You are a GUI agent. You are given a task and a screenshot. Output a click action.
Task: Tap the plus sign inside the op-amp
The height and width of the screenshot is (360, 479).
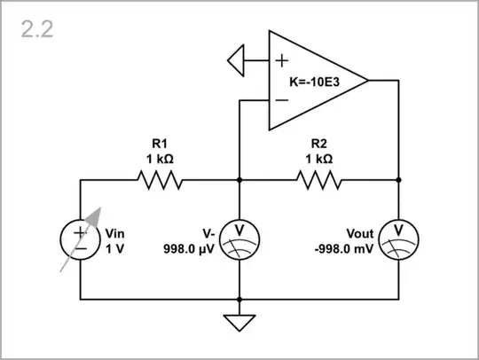point(281,61)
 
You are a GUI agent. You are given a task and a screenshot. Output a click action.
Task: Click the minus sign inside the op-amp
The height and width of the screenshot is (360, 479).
point(281,100)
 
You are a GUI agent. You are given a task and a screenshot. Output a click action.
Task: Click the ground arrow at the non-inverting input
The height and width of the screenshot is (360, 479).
point(237,61)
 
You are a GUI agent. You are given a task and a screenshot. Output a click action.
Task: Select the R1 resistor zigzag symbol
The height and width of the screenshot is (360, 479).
point(160,180)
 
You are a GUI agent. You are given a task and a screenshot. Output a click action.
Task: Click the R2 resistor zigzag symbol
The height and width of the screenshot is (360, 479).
point(319,180)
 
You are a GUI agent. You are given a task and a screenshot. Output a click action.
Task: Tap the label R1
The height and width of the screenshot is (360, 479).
point(160,142)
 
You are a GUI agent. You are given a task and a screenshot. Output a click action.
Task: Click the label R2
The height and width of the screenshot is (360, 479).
point(320,142)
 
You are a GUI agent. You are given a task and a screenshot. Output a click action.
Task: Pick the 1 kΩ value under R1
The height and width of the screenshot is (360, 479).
point(160,159)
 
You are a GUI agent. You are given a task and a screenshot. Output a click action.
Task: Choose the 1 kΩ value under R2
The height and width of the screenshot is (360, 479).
point(320,159)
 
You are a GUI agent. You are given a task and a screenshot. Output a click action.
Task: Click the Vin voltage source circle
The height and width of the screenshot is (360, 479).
point(81,239)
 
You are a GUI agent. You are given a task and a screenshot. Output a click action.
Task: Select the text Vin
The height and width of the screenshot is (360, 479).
point(116,233)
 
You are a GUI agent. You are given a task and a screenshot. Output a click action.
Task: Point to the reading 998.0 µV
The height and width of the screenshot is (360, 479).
point(189,249)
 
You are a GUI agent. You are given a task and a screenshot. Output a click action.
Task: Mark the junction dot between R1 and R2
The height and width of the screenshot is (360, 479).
point(239,180)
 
